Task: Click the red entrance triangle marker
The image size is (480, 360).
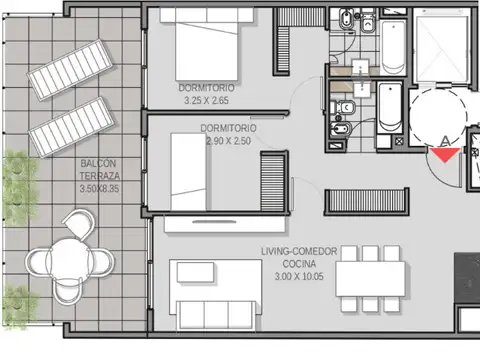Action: pyautogui.click(x=444, y=153)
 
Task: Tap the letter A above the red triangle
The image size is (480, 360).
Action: pyautogui.click(x=445, y=140)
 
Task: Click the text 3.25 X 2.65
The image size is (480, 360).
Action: pyautogui.click(x=208, y=100)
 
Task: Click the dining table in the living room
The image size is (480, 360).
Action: pyautogui.click(x=371, y=275)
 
